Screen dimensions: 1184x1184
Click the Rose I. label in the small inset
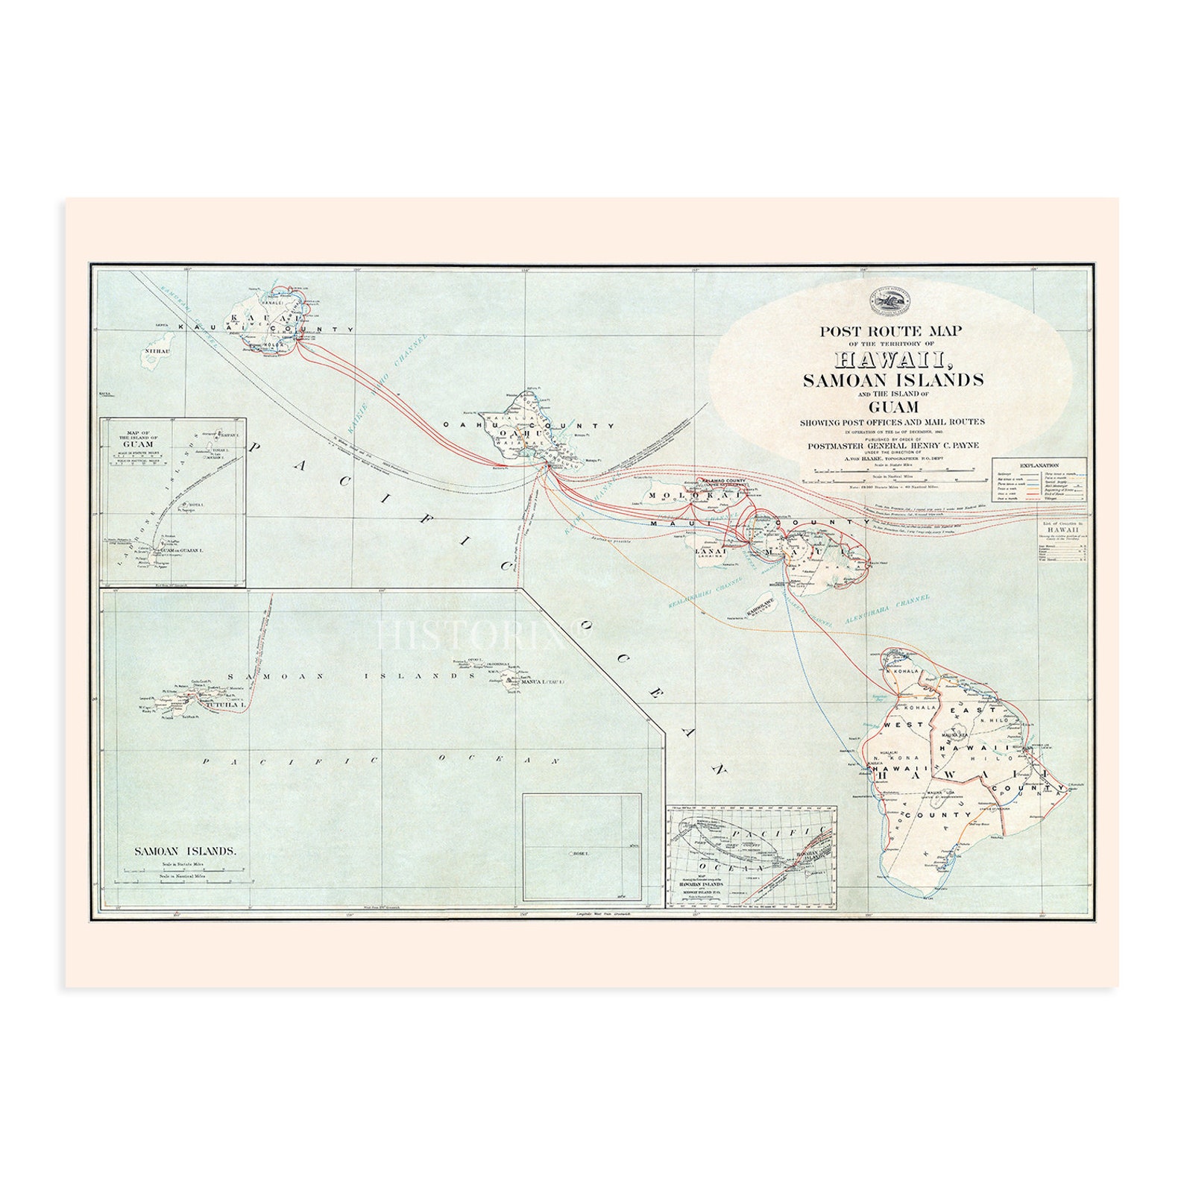click(579, 852)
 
